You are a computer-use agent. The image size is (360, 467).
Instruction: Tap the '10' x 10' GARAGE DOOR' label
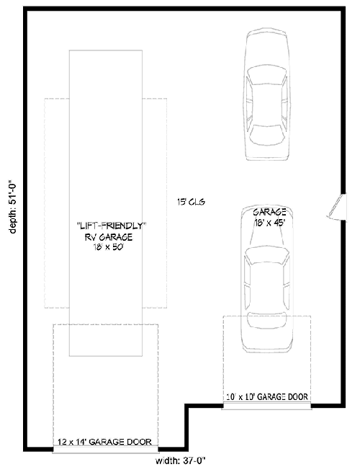[x=267, y=396]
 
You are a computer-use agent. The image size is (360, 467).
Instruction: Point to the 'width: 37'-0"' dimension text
[x=184, y=461]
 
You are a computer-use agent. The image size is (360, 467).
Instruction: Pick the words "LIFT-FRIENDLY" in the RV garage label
[x=111, y=226]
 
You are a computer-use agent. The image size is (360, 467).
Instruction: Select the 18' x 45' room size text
[x=269, y=223]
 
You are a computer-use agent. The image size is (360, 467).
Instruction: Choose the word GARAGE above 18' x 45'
[x=269, y=212]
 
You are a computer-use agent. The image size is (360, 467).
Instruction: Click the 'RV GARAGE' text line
[x=111, y=236]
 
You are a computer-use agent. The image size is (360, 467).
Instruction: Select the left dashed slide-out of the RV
[x=57, y=202]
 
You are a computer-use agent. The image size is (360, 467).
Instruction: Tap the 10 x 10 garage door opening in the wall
[x=267, y=406]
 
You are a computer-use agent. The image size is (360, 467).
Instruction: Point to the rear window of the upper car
[x=267, y=134]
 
